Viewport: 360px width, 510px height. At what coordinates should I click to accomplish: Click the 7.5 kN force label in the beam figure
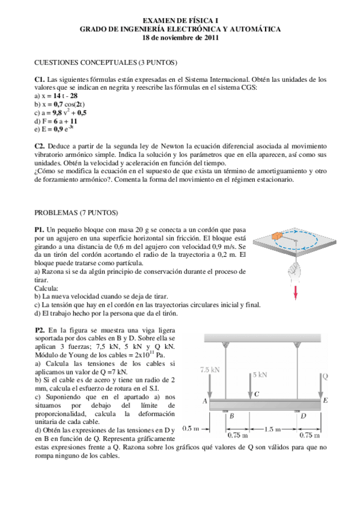point(210,371)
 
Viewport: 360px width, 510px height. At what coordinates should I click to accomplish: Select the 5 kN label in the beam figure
point(260,375)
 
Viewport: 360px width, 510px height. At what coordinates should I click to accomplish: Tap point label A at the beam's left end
point(205,401)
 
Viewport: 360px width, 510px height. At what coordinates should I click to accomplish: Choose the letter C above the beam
point(257,394)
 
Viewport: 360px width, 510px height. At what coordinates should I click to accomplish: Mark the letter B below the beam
point(231,416)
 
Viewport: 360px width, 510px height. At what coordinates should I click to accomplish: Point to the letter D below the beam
point(303,416)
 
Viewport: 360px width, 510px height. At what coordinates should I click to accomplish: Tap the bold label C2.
point(40,146)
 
